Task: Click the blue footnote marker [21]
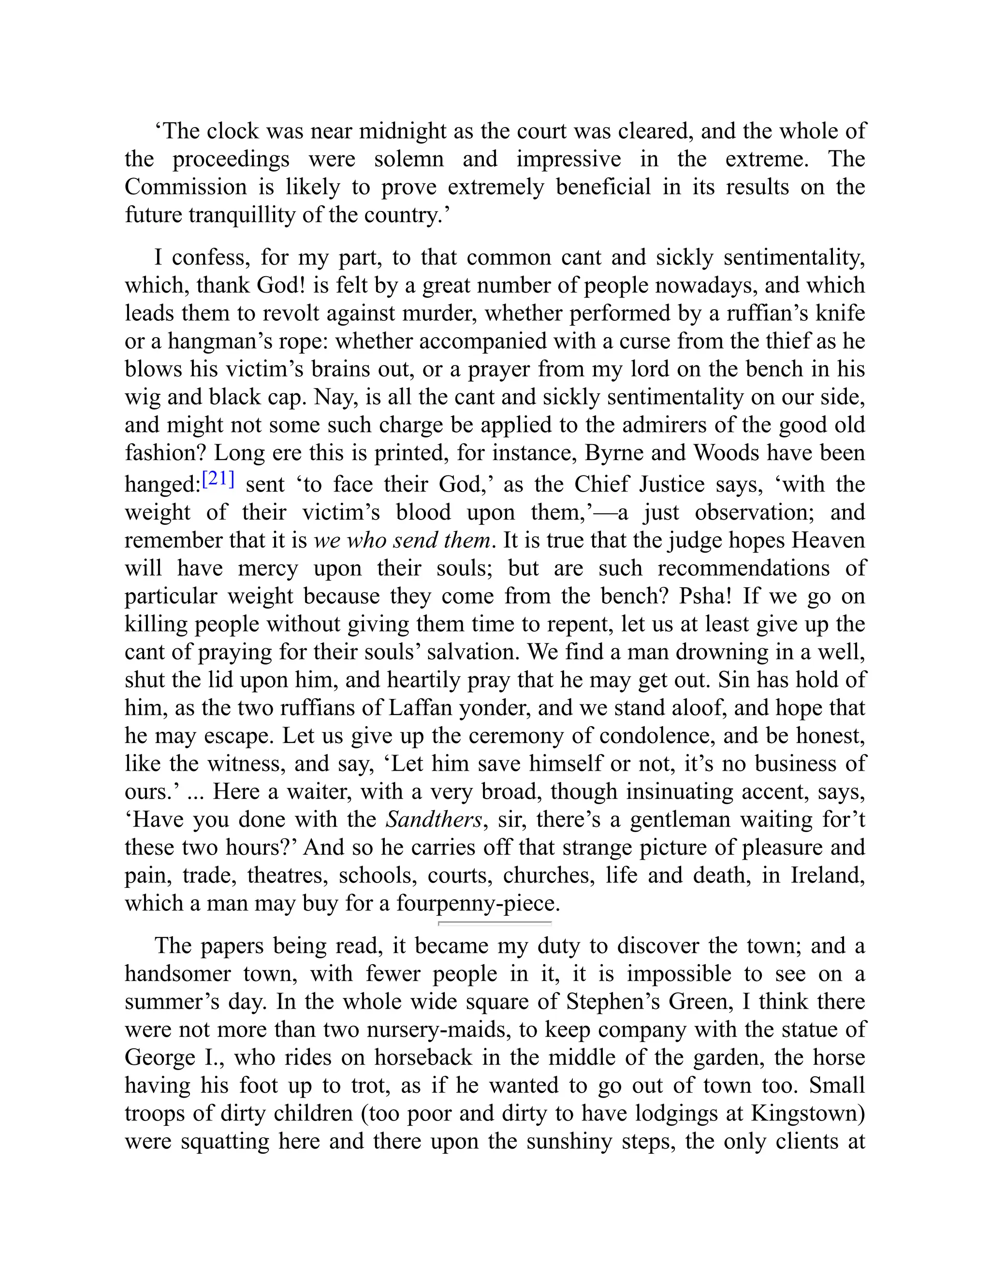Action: pos(218,479)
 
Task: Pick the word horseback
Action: pos(423,1057)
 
